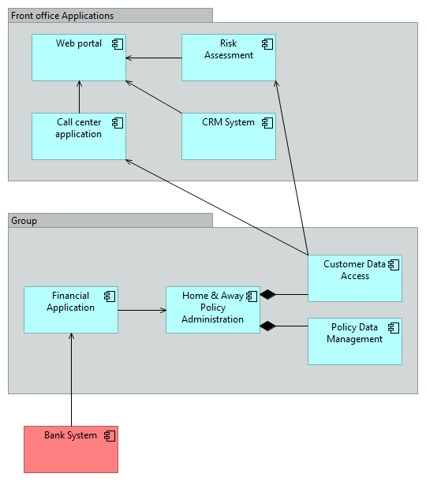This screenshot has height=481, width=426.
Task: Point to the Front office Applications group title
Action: click(63, 16)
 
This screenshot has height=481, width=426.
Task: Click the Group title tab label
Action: click(24, 221)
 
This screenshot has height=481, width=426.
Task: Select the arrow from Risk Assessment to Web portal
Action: click(154, 58)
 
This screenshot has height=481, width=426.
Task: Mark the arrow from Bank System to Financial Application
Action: click(71, 378)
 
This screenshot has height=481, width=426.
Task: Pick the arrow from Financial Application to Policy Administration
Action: click(142, 310)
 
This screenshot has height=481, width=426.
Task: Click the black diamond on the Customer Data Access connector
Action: click(268, 294)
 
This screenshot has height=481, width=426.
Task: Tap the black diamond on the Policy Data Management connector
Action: click(268, 325)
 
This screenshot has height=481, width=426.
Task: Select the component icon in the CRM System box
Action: click(267, 122)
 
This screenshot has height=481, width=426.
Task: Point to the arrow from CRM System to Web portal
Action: click(154, 96)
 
